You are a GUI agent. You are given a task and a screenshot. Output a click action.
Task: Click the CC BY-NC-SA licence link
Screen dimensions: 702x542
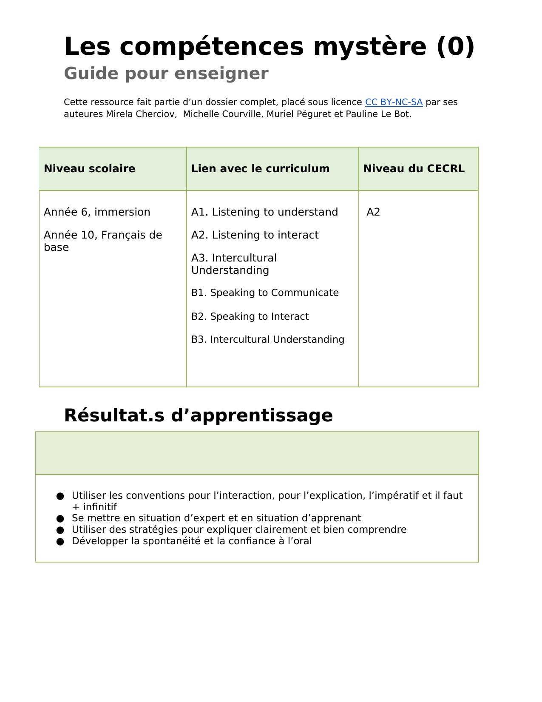point(394,102)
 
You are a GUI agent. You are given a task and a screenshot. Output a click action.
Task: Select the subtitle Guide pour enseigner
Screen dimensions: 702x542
point(166,74)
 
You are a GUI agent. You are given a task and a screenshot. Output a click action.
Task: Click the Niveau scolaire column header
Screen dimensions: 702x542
point(89,169)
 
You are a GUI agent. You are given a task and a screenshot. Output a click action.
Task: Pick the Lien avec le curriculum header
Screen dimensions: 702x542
point(260,169)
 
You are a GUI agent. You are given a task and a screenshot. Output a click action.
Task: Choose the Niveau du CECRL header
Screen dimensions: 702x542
point(414,169)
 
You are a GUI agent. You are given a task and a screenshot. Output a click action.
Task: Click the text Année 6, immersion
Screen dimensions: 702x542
point(97,212)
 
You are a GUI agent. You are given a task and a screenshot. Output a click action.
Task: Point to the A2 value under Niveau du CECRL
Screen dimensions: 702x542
point(373,212)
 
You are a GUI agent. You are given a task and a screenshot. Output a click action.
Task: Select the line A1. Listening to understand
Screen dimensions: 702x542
point(264,212)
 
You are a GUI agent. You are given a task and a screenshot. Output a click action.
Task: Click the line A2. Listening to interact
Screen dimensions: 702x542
point(255,235)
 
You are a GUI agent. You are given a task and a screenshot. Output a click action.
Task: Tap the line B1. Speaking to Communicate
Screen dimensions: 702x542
point(265,293)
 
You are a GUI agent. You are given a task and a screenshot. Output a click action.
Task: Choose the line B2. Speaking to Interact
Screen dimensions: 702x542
point(250,317)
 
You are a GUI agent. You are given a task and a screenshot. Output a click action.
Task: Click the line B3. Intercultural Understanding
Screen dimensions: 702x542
point(268,340)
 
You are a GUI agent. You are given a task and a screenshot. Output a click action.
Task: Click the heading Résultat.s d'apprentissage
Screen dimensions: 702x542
point(198,415)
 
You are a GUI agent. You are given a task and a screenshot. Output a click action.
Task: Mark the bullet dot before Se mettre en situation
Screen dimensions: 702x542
point(60,519)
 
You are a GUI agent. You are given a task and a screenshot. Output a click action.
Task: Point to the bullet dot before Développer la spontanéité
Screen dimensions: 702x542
point(60,542)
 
